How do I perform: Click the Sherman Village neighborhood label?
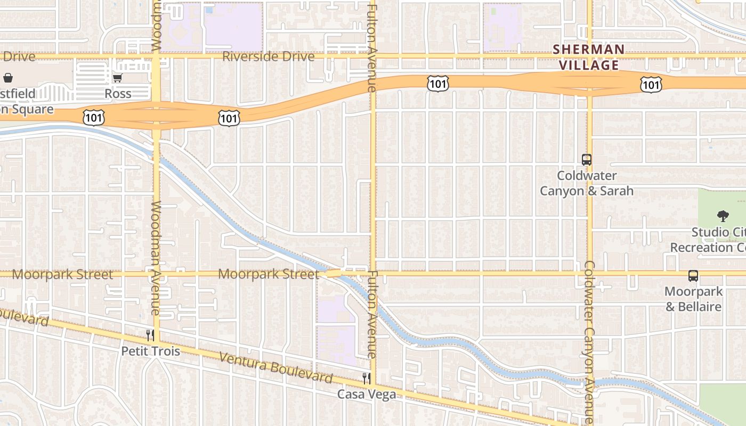(x=588, y=57)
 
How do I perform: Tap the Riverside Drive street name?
(x=268, y=56)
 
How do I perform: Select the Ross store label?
(x=118, y=94)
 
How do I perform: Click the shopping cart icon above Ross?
(x=117, y=78)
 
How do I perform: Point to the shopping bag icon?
(x=8, y=78)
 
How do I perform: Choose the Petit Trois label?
(x=150, y=351)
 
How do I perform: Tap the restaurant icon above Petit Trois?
(x=150, y=335)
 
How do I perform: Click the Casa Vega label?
(x=367, y=394)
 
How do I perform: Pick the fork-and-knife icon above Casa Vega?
(x=367, y=378)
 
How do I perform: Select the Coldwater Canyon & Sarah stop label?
(x=587, y=183)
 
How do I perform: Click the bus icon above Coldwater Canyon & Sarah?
(x=587, y=159)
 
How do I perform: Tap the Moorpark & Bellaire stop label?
(x=693, y=299)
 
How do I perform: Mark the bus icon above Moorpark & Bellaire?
(x=693, y=276)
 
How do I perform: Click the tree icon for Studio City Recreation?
(x=723, y=216)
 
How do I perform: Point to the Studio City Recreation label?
(x=709, y=240)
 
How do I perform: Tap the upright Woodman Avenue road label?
(x=156, y=258)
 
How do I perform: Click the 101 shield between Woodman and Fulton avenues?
(x=229, y=118)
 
